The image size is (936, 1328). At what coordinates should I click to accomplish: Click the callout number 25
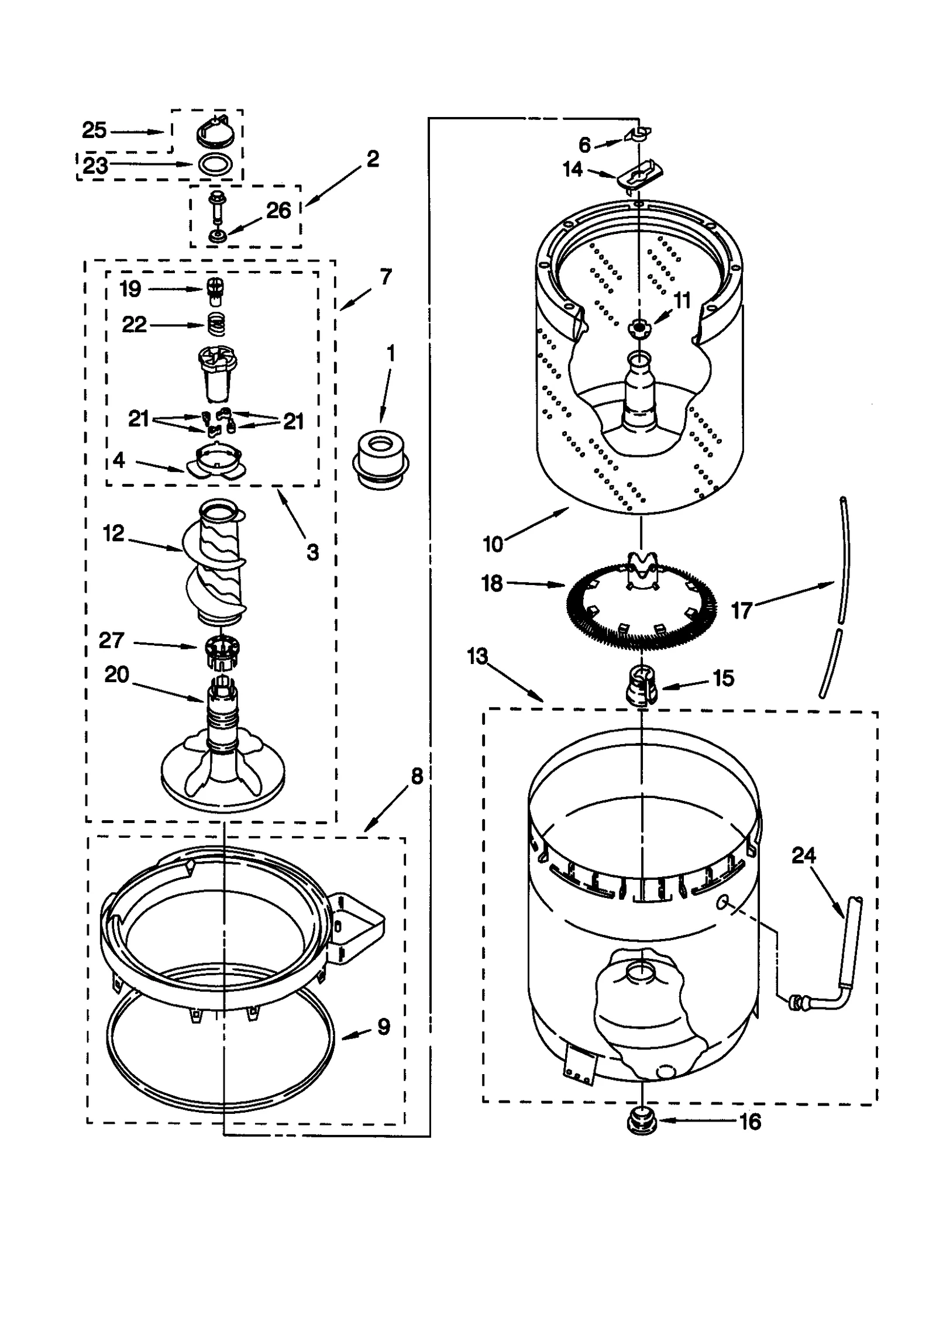[94, 130]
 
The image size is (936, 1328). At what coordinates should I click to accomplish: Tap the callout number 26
[278, 211]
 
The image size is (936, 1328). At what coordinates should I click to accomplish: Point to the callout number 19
[130, 288]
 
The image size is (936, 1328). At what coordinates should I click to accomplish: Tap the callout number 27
[111, 640]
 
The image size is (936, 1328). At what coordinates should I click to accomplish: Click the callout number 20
[116, 675]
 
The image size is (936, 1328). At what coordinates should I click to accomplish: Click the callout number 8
[417, 777]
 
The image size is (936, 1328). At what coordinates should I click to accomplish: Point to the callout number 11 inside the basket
[682, 300]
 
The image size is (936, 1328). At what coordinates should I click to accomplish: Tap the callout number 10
[493, 544]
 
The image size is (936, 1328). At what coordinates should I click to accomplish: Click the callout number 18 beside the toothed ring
[492, 583]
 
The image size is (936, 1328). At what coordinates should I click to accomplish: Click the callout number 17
[741, 611]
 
